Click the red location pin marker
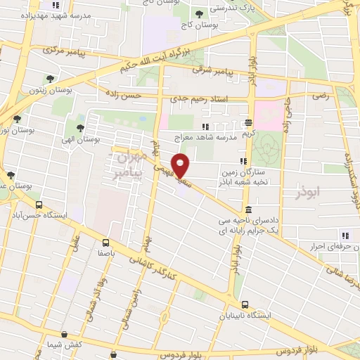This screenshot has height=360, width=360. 181,165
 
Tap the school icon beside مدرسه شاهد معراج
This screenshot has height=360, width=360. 205,127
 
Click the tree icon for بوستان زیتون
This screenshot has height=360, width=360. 50,79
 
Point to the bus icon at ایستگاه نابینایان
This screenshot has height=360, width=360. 245,304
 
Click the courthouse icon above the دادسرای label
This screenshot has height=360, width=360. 248,210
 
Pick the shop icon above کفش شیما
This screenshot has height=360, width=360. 65,335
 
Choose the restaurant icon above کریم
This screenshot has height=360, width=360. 248,121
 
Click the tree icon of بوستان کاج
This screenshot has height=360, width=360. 200,13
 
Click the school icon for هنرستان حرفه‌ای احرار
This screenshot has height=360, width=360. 345,235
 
